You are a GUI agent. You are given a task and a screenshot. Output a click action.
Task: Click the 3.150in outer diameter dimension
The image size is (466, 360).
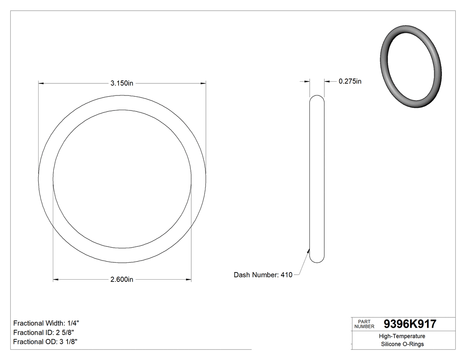(x=122, y=83)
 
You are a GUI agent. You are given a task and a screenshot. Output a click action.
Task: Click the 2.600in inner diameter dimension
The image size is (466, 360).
(x=122, y=280)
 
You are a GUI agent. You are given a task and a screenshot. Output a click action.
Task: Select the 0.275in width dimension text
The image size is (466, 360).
(x=350, y=81)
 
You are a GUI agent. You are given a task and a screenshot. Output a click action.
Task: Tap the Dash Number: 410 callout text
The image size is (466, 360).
(x=263, y=275)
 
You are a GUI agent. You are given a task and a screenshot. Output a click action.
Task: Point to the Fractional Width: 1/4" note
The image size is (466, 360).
(x=47, y=323)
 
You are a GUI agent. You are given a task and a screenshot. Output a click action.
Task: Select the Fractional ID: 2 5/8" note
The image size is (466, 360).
(x=43, y=332)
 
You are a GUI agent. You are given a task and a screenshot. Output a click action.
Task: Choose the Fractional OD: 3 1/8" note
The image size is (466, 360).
(x=46, y=342)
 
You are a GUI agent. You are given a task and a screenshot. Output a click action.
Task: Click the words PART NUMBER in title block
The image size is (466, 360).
(x=364, y=324)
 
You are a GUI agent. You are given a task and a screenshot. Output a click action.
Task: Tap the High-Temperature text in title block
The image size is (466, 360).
(x=402, y=336)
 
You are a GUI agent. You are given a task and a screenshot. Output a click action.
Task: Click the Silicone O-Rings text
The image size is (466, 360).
(x=402, y=344)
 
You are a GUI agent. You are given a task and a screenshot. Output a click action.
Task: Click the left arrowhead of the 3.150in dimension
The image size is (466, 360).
(x=41, y=83)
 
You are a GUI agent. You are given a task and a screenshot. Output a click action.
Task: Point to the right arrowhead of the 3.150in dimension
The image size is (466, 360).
(x=204, y=83)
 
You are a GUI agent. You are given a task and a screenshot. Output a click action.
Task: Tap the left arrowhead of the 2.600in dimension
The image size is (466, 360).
(x=55, y=280)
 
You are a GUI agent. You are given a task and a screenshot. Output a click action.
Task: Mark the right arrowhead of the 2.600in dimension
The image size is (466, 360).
(x=189, y=280)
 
